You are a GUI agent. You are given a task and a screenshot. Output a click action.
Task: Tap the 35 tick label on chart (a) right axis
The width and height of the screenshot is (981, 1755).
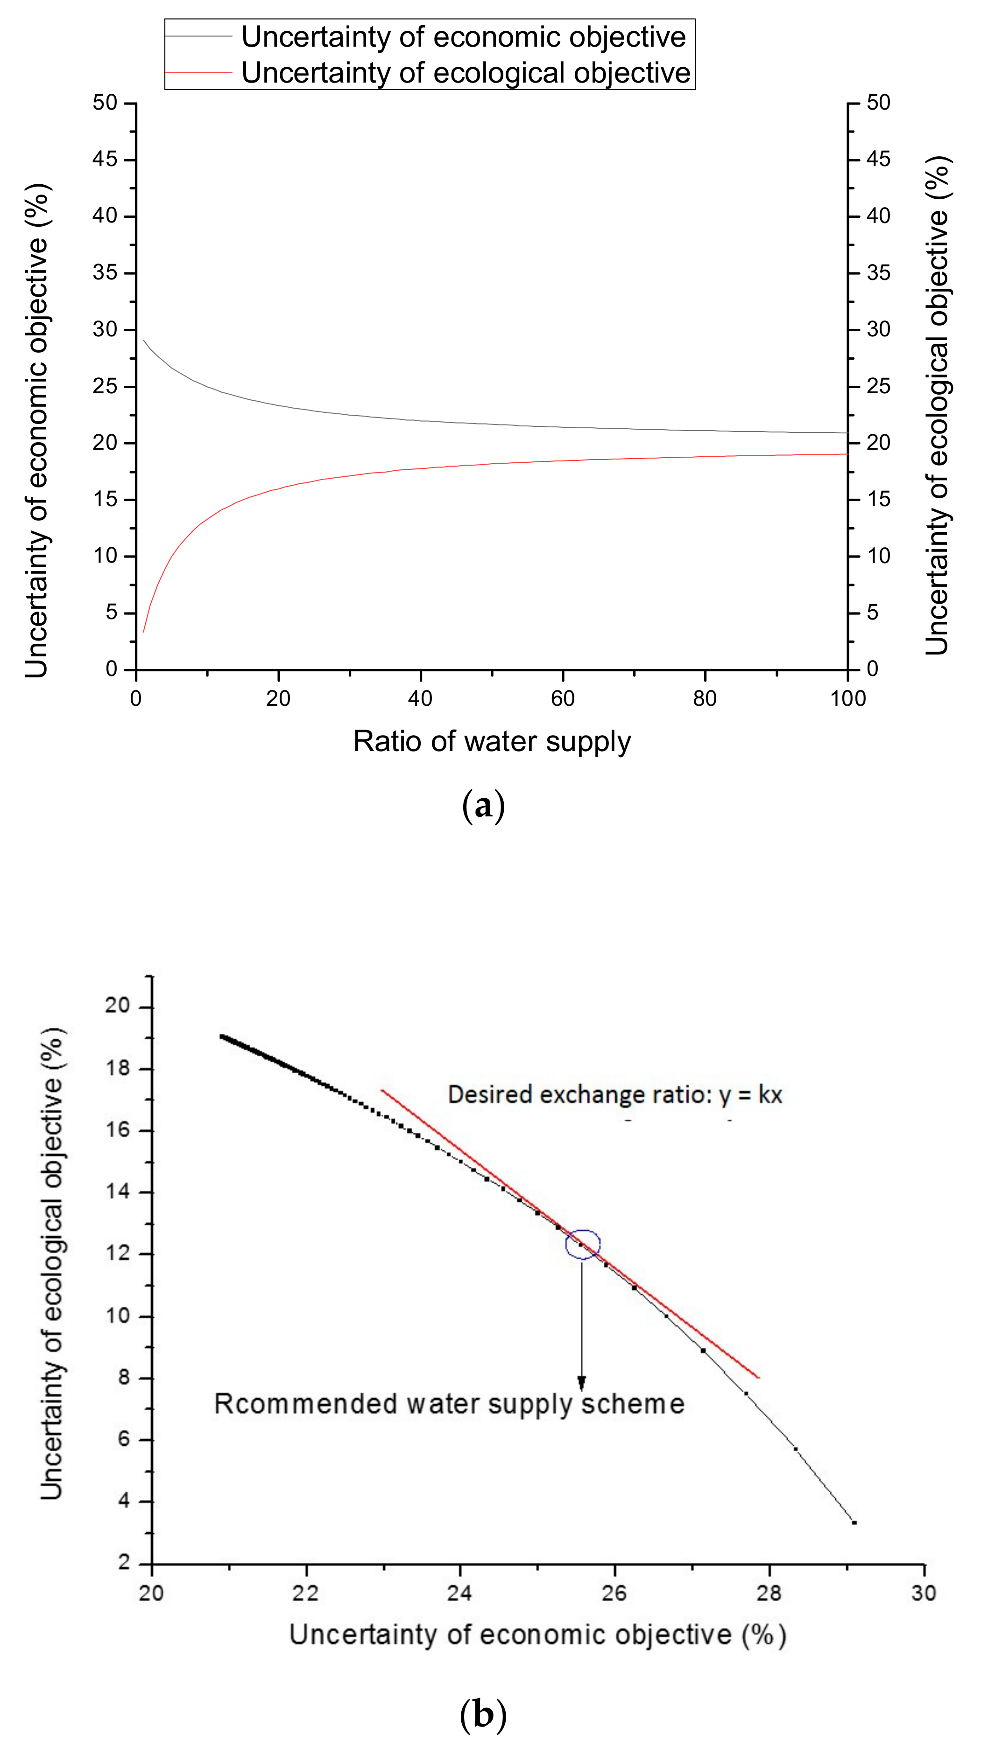(878, 272)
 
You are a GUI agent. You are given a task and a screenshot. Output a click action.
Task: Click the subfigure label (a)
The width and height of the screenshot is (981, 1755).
(483, 806)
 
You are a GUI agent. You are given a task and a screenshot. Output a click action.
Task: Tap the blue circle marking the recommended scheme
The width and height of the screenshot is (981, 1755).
(582, 1244)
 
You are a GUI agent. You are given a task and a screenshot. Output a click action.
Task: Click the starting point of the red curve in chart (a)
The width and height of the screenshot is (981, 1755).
(143, 632)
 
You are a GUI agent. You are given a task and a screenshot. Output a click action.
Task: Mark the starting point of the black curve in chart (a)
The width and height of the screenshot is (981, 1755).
(143, 339)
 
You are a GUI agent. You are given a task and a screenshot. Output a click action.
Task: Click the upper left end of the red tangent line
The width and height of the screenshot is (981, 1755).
(382, 1090)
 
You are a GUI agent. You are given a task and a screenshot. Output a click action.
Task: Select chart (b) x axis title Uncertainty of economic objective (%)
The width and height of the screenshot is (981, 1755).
(538, 1635)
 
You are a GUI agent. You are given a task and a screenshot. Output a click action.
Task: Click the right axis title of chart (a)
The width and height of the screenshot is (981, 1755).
(938, 405)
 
